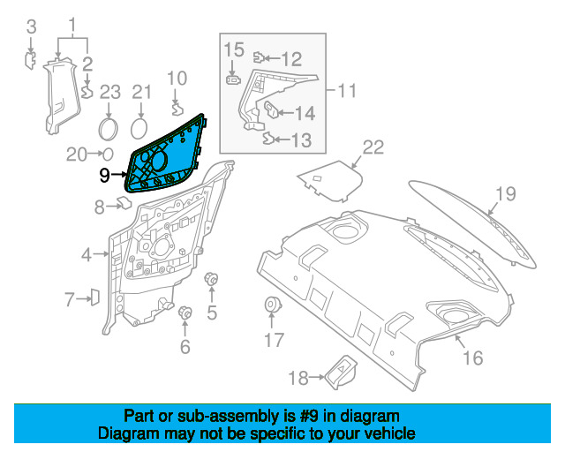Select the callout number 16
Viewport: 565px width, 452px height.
pos(473,358)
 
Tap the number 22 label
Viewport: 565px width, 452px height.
pos(373,147)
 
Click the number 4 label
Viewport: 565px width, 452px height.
pos(87,256)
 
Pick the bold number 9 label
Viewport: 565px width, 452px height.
pos(104,175)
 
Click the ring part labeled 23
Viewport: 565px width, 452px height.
pos(109,128)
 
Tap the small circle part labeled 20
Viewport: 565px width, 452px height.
pos(108,154)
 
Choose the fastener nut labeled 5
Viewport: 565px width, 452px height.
pos(211,281)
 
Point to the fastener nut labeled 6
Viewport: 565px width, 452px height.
pos(186,313)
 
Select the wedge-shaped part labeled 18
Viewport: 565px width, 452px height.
pos(342,374)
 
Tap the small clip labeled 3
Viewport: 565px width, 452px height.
pos(29,58)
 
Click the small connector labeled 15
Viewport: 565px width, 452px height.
pos(231,79)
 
